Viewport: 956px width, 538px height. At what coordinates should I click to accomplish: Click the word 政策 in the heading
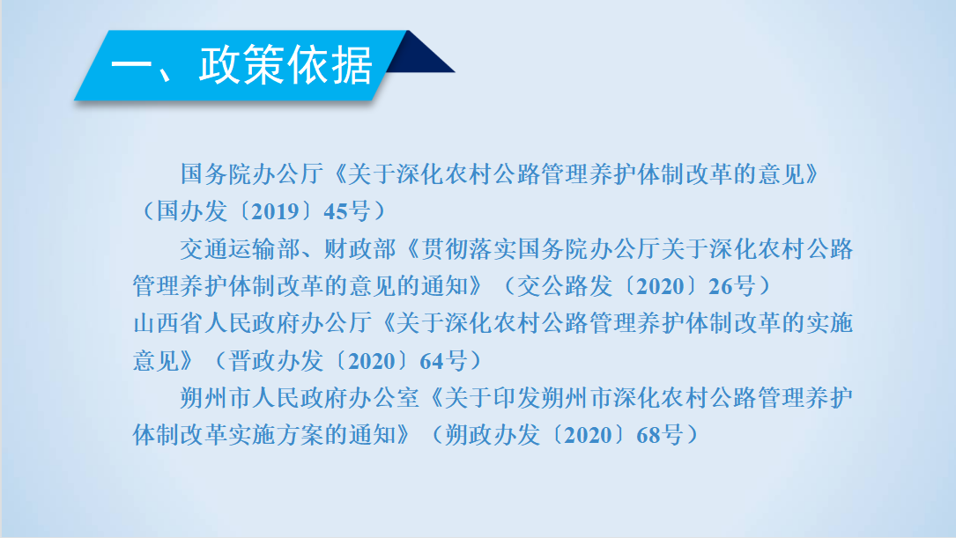click(242, 64)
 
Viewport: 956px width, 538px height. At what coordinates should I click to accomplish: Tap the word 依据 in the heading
click(330, 64)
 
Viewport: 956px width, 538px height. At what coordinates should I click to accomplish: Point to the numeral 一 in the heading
click(131, 64)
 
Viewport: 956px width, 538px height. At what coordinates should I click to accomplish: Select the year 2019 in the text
click(276, 211)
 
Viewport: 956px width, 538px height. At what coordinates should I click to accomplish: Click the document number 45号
click(347, 211)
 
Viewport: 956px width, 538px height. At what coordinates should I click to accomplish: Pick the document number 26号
click(732, 286)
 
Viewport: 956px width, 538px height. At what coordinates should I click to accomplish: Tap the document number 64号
click(443, 361)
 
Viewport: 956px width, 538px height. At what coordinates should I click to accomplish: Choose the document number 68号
click(660, 435)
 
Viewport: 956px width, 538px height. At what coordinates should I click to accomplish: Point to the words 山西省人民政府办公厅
click(252, 323)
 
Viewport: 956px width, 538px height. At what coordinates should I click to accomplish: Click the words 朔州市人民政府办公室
click(300, 398)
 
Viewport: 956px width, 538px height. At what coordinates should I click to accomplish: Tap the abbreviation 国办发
click(192, 211)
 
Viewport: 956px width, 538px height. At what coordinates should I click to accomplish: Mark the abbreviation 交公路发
click(565, 286)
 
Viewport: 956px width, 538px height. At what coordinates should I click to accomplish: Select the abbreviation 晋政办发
click(276, 361)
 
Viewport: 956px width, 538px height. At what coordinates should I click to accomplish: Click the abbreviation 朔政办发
click(493, 435)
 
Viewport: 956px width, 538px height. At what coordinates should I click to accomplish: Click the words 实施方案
click(276, 435)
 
